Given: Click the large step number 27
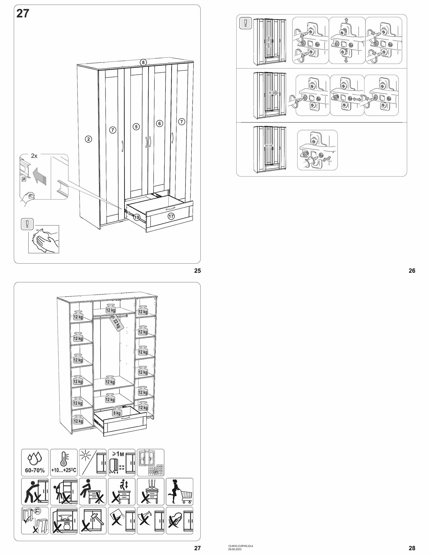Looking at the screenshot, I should (23, 14).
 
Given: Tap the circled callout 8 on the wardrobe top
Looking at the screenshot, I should (143, 62).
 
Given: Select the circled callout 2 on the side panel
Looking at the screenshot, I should (88, 139).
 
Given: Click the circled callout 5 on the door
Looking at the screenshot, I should (136, 127).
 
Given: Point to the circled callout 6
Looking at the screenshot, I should (159, 123).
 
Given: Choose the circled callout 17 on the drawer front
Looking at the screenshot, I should (171, 216).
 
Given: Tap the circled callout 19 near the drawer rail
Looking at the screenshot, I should (136, 217).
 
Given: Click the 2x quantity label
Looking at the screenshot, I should (34, 156).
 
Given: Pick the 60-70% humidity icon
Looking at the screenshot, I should (35, 463).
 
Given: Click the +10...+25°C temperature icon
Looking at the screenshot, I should (64, 463).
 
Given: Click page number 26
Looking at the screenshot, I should (412, 271).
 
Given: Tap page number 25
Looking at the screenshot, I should (197, 271).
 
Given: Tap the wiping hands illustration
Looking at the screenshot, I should (44, 239).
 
